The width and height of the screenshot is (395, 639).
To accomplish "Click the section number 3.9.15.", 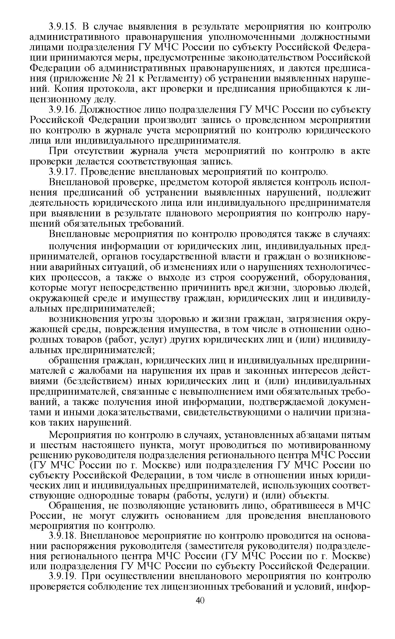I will (x=62, y=27).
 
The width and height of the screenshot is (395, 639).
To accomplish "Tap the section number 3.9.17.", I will (x=62, y=172).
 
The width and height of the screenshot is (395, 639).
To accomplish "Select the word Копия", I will (x=67, y=89).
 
